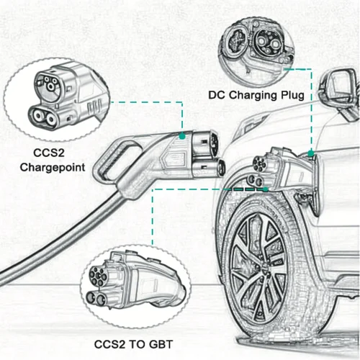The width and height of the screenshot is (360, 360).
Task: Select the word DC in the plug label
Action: [x=217, y=94]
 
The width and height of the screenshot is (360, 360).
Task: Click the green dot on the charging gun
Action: [x=183, y=134]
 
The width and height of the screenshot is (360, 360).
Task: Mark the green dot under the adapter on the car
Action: [x=267, y=188]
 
